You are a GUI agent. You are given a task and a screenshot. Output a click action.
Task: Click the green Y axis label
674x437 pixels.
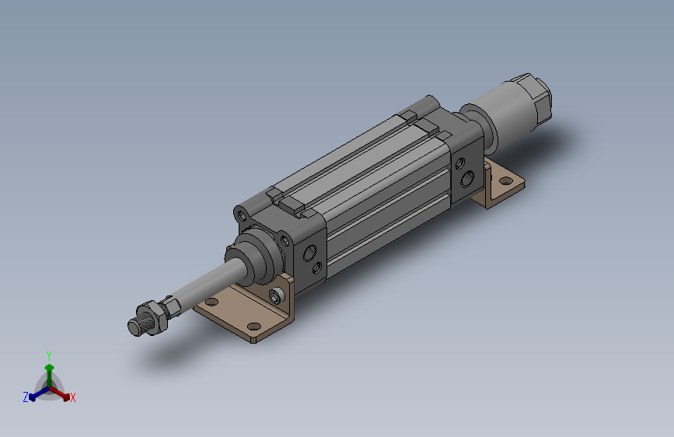point(48,355)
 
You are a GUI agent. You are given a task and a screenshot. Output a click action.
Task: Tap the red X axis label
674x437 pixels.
point(72,397)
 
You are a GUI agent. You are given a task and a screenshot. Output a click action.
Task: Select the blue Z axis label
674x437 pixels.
point(26,397)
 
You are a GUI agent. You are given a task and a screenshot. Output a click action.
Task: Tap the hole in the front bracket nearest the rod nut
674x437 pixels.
point(211,302)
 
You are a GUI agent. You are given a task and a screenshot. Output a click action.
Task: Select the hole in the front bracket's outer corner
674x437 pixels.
point(254,326)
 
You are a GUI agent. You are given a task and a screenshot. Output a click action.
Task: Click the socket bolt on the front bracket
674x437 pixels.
point(275,295)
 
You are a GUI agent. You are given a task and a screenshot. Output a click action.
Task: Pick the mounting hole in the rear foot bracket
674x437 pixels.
point(507,181)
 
